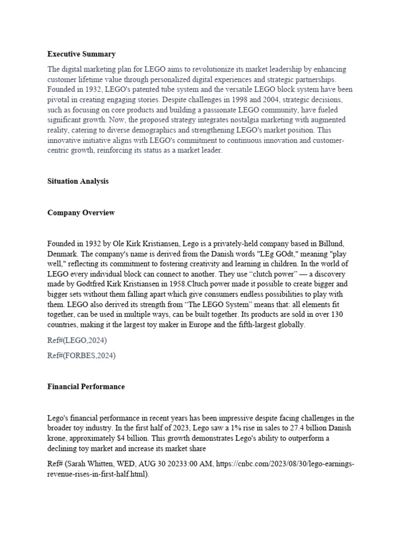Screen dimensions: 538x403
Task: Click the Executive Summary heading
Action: (x=81, y=54)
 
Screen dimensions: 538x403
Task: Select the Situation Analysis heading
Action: (x=78, y=181)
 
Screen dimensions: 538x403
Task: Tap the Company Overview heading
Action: (x=81, y=213)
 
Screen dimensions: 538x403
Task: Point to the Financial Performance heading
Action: (x=86, y=386)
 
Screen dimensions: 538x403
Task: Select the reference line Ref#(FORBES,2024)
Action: (x=81, y=356)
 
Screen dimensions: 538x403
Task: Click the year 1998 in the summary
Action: (x=213, y=99)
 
